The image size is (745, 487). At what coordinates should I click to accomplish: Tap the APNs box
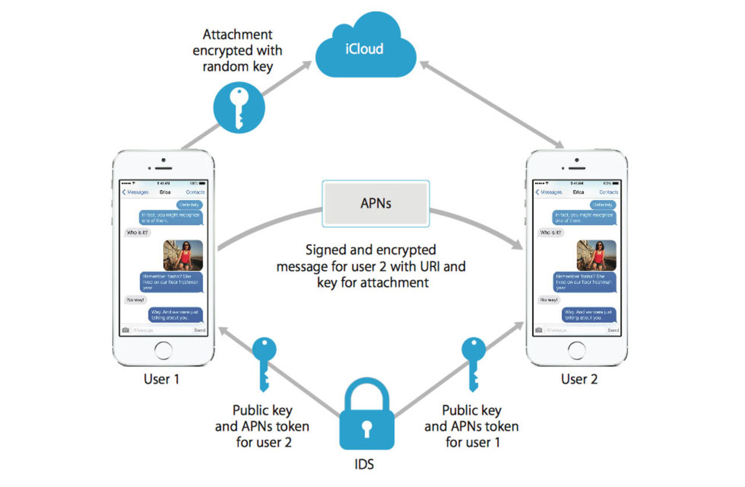(375, 203)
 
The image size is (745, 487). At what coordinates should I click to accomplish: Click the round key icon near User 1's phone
(239, 108)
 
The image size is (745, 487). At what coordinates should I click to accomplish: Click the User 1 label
(161, 379)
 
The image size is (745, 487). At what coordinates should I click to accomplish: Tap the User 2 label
(579, 379)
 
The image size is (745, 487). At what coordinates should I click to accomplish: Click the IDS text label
(365, 464)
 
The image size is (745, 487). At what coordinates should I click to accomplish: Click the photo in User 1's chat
(183, 255)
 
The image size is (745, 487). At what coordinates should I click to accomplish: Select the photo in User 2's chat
(596, 255)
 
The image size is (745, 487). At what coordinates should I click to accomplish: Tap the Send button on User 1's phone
(199, 330)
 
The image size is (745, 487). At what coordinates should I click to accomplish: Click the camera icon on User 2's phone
(539, 330)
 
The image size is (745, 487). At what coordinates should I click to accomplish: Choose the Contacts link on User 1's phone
(195, 192)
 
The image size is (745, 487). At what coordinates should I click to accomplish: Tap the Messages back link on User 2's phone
(548, 192)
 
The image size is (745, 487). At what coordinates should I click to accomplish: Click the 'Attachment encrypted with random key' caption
(237, 51)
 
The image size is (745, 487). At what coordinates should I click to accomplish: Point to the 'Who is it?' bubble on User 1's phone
(138, 232)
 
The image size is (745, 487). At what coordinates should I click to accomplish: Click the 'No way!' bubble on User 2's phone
(549, 300)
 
